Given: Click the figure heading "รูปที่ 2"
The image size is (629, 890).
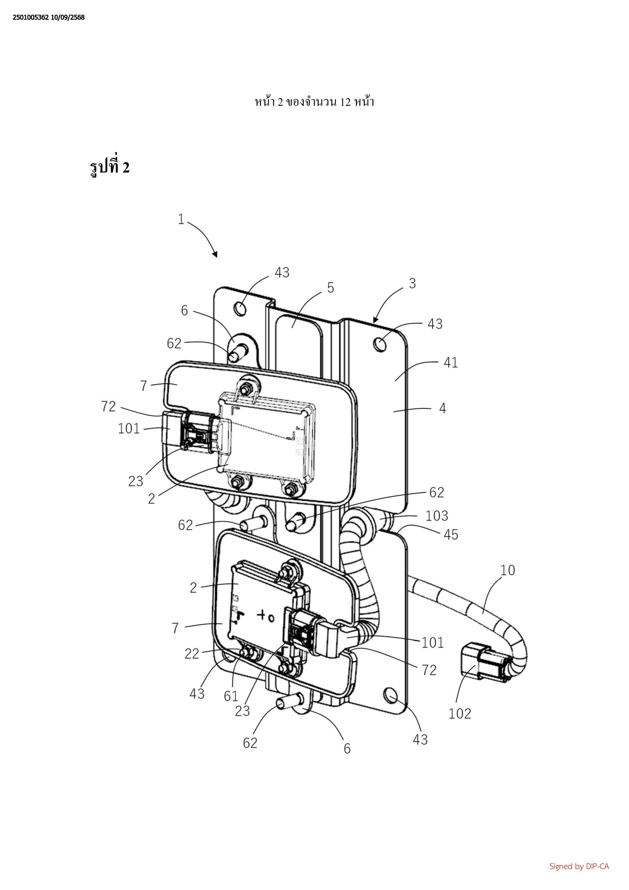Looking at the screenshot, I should [110, 167].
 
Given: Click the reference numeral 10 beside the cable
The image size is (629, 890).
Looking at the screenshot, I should [507, 570].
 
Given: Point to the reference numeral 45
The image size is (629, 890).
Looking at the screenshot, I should [451, 535].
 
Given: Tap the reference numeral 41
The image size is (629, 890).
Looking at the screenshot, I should [451, 363].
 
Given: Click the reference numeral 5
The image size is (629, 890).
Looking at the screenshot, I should [330, 288].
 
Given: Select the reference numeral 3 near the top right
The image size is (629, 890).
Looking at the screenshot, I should [412, 283].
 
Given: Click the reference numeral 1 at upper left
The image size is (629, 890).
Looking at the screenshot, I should [181, 219].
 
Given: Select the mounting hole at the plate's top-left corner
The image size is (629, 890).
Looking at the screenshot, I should [240, 308].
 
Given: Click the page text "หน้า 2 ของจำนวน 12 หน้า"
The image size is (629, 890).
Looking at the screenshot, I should [314, 102].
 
